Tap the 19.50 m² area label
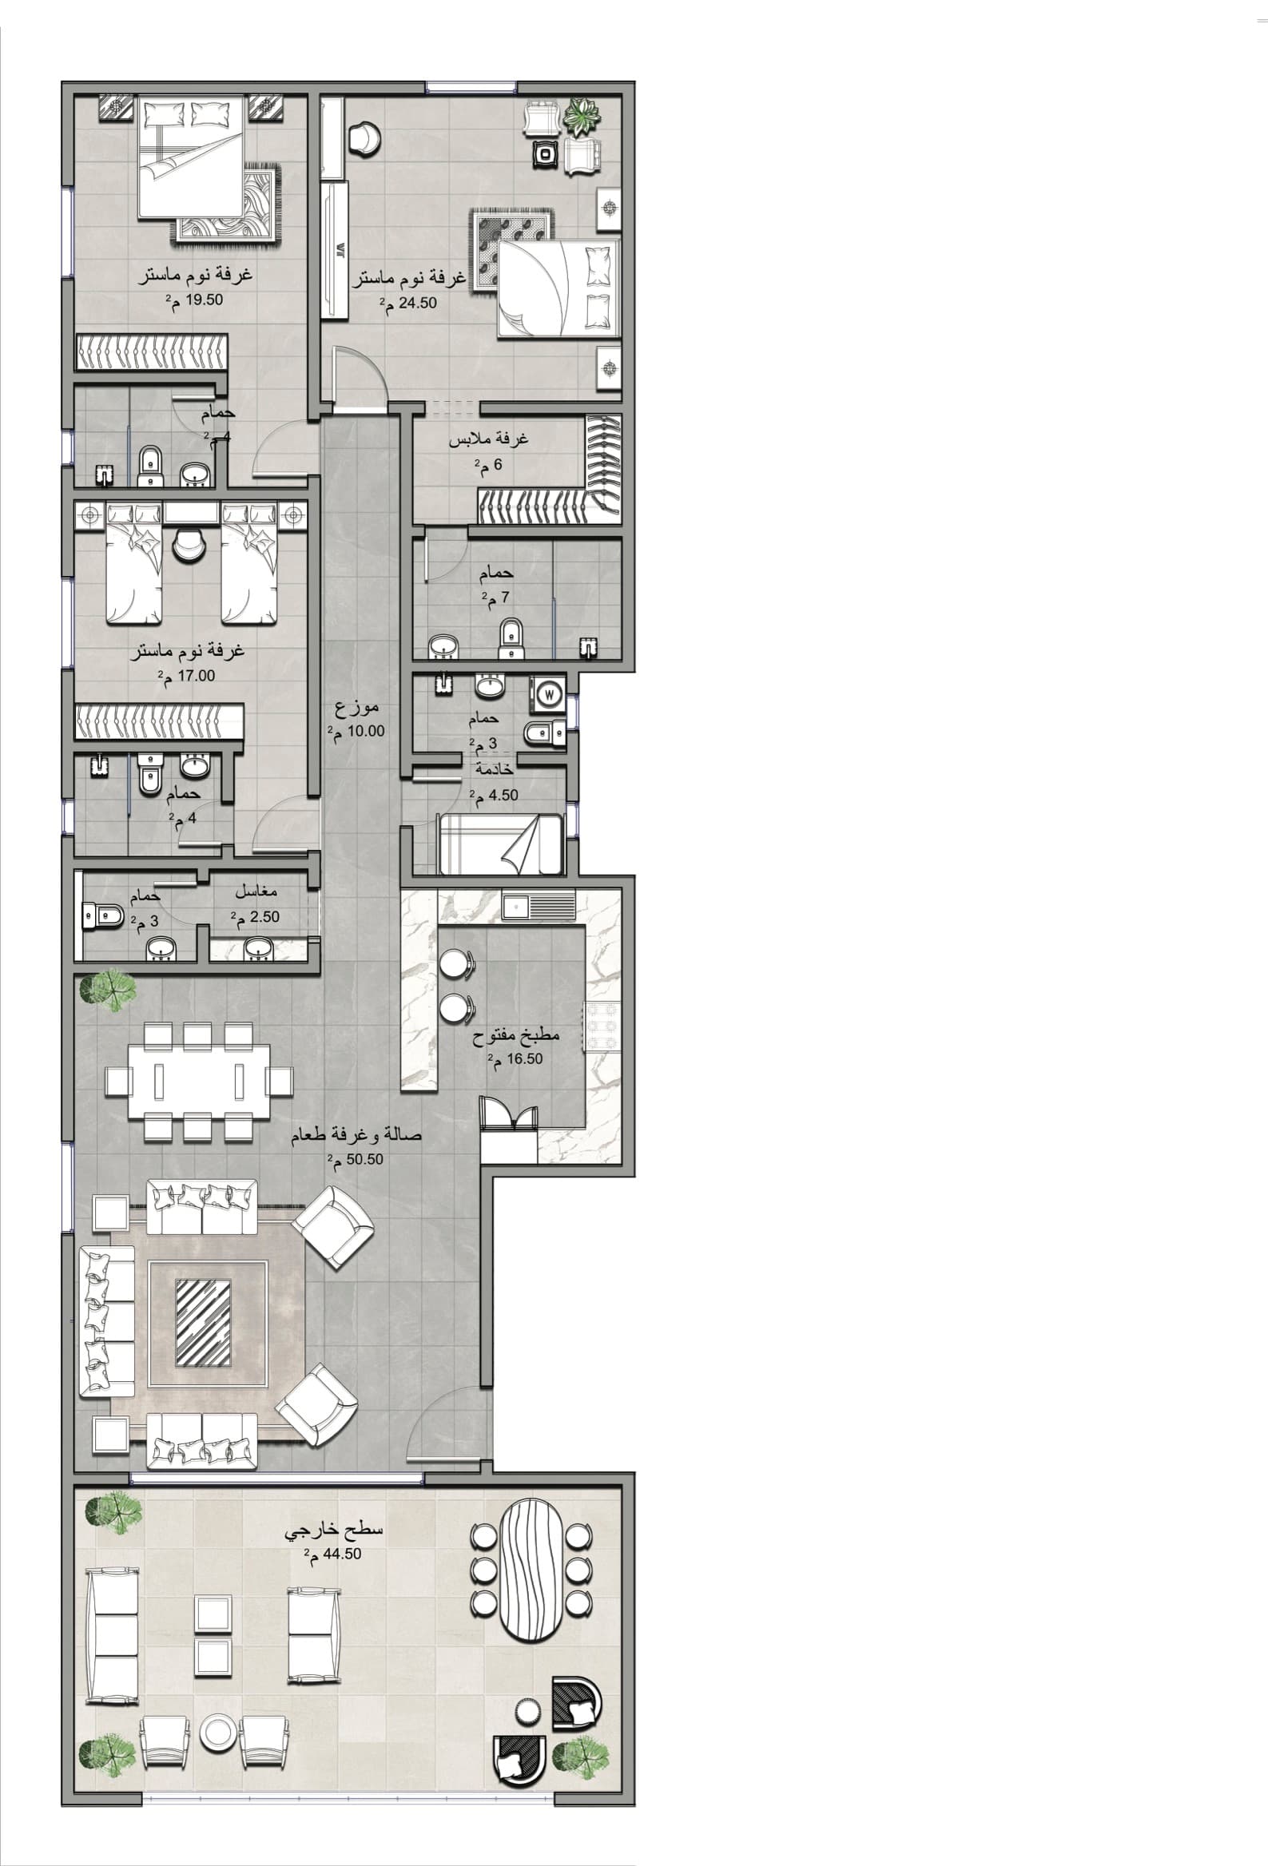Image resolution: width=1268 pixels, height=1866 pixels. (193, 300)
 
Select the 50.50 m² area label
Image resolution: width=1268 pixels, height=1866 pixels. (355, 1160)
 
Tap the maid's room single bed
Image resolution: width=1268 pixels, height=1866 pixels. (500, 843)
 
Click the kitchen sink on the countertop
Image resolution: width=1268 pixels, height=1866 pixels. (539, 907)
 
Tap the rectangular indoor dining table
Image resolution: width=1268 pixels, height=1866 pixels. (200, 1082)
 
